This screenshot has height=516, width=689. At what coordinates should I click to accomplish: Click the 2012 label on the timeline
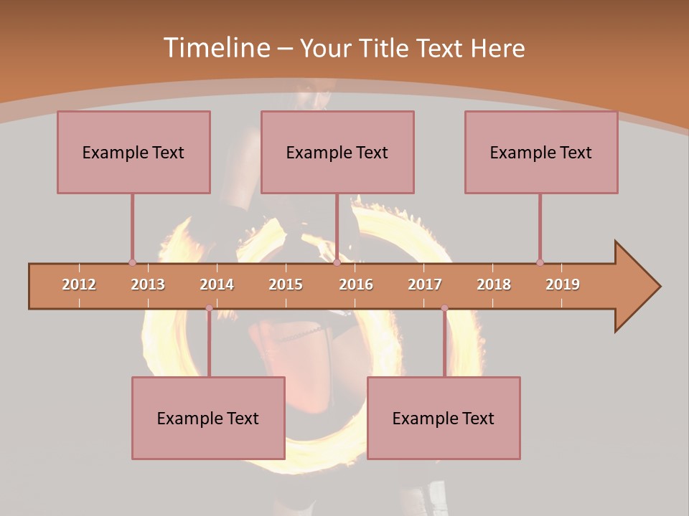coord(79,285)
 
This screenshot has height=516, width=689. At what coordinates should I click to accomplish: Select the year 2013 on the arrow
coord(148,285)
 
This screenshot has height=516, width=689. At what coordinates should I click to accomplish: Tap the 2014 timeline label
coord(217,285)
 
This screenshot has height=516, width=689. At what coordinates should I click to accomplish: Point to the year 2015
coord(286,285)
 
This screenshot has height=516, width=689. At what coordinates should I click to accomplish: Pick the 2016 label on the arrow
coord(356,285)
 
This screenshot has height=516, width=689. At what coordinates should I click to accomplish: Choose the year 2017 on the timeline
coord(425,285)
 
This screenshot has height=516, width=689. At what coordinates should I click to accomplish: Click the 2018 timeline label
coord(494,285)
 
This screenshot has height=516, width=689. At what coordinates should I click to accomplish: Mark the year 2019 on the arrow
coord(563,285)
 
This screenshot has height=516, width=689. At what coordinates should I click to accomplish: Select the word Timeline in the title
coord(215,48)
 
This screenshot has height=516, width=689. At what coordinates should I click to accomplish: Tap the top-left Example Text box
coord(133,152)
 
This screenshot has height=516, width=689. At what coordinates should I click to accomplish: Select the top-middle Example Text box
coord(337,152)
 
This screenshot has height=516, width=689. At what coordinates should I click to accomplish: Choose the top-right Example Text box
coord(541,152)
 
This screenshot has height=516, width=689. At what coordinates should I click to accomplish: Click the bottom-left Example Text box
coord(208,418)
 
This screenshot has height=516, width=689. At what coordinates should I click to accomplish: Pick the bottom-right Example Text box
coord(444,418)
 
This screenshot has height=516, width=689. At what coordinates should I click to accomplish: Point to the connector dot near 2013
coord(132,262)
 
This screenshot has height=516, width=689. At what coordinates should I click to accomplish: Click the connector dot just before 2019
coord(540,262)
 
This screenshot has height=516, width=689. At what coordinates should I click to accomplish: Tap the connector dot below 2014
coord(209,308)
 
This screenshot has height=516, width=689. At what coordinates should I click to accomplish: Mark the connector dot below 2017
coord(444,308)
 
